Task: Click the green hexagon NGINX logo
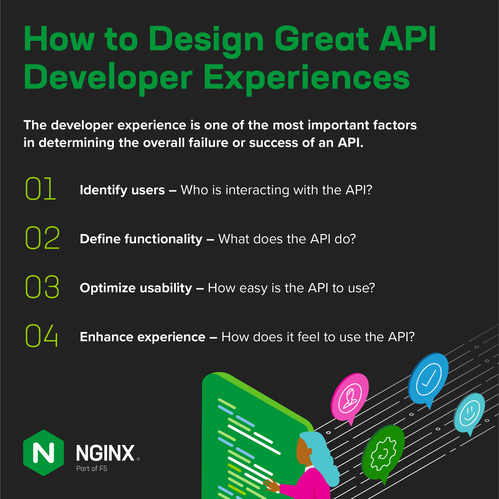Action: point(43,453)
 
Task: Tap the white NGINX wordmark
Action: point(105,453)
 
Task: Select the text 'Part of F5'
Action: point(92,468)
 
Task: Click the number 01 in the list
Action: point(40,188)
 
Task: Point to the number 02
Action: point(42,238)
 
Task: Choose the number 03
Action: point(42,287)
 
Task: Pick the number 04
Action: point(41,336)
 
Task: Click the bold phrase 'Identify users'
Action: point(122,190)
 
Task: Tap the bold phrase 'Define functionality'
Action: point(141,239)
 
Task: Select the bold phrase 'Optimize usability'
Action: point(136,288)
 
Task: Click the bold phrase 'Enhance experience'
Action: point(143,337)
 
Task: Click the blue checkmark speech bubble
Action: point(429,378)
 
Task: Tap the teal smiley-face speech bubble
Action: point(469,411)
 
